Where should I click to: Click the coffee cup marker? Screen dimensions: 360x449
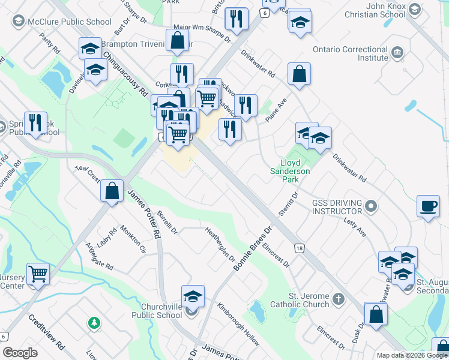(x=429, y=206)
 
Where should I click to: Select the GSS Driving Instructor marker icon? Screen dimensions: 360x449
(x=372, y=207)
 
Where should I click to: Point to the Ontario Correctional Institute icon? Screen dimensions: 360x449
(x=397, y=53)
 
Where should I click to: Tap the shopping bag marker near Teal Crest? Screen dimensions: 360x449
(x=112, y=191)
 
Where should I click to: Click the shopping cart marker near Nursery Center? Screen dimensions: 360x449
(x=38, y=274)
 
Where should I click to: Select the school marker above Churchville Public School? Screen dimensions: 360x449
(x=193, y=296)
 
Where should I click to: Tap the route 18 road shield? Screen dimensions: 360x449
(x=298, y=248)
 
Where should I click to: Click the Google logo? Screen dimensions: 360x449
(x=20, y=353)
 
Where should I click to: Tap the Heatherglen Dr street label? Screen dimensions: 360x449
(x=219, y=244)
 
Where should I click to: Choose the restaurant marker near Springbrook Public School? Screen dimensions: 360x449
(x=35, y=122)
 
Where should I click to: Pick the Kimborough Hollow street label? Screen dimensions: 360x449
(x=239, y=323)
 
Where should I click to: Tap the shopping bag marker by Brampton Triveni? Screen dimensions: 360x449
(x=178, y=42)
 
